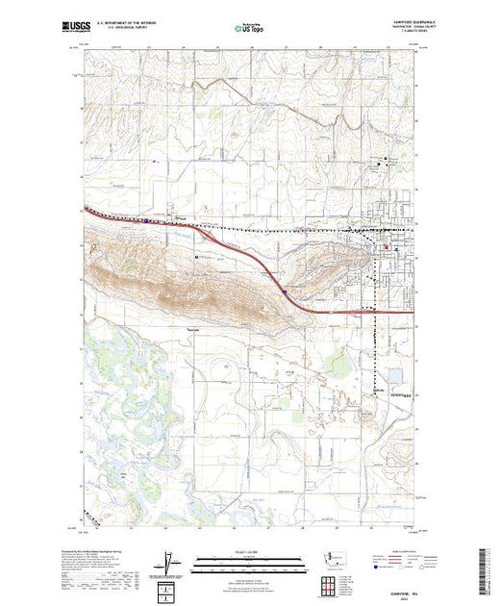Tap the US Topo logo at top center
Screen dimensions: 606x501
pos(250,29)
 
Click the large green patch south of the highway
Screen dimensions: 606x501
pos(336,364)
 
